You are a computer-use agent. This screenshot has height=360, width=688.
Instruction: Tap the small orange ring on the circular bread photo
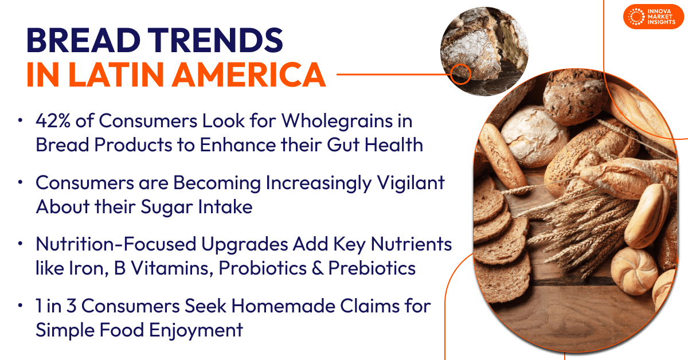pyautogui.click(x=460, y=74)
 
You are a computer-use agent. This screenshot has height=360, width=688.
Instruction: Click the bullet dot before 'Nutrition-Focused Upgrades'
pyautogui.click(x=21, y=244)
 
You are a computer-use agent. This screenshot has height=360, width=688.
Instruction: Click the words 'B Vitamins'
pyautogui.click(x=164, y=268)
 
